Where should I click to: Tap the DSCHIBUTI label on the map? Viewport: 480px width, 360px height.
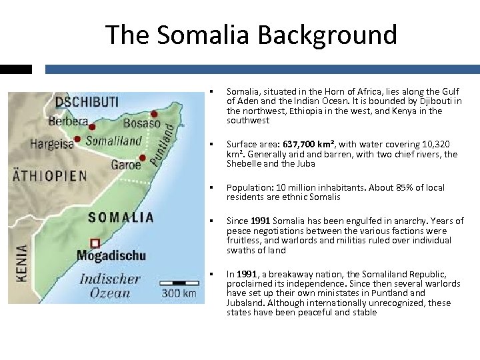click(87, 102)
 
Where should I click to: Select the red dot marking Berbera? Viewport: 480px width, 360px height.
click(92, 126)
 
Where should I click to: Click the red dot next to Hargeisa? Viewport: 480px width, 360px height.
click(78, 139)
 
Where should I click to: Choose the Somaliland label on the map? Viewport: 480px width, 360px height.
click(113, 141)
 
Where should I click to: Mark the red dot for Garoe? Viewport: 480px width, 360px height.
click(143, 159)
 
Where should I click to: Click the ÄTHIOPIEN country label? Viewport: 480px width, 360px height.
click(50, 176)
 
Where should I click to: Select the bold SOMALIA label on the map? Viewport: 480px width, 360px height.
click(121, 217)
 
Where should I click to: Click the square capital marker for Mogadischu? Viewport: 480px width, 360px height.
click(95, 243)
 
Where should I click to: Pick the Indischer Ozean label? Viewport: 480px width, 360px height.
click(111, 286)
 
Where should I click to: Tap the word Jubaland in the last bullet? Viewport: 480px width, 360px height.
click(245, 303)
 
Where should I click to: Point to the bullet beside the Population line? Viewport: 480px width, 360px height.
click(211, 188)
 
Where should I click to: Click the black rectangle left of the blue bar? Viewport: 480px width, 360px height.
click(16, 69)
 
